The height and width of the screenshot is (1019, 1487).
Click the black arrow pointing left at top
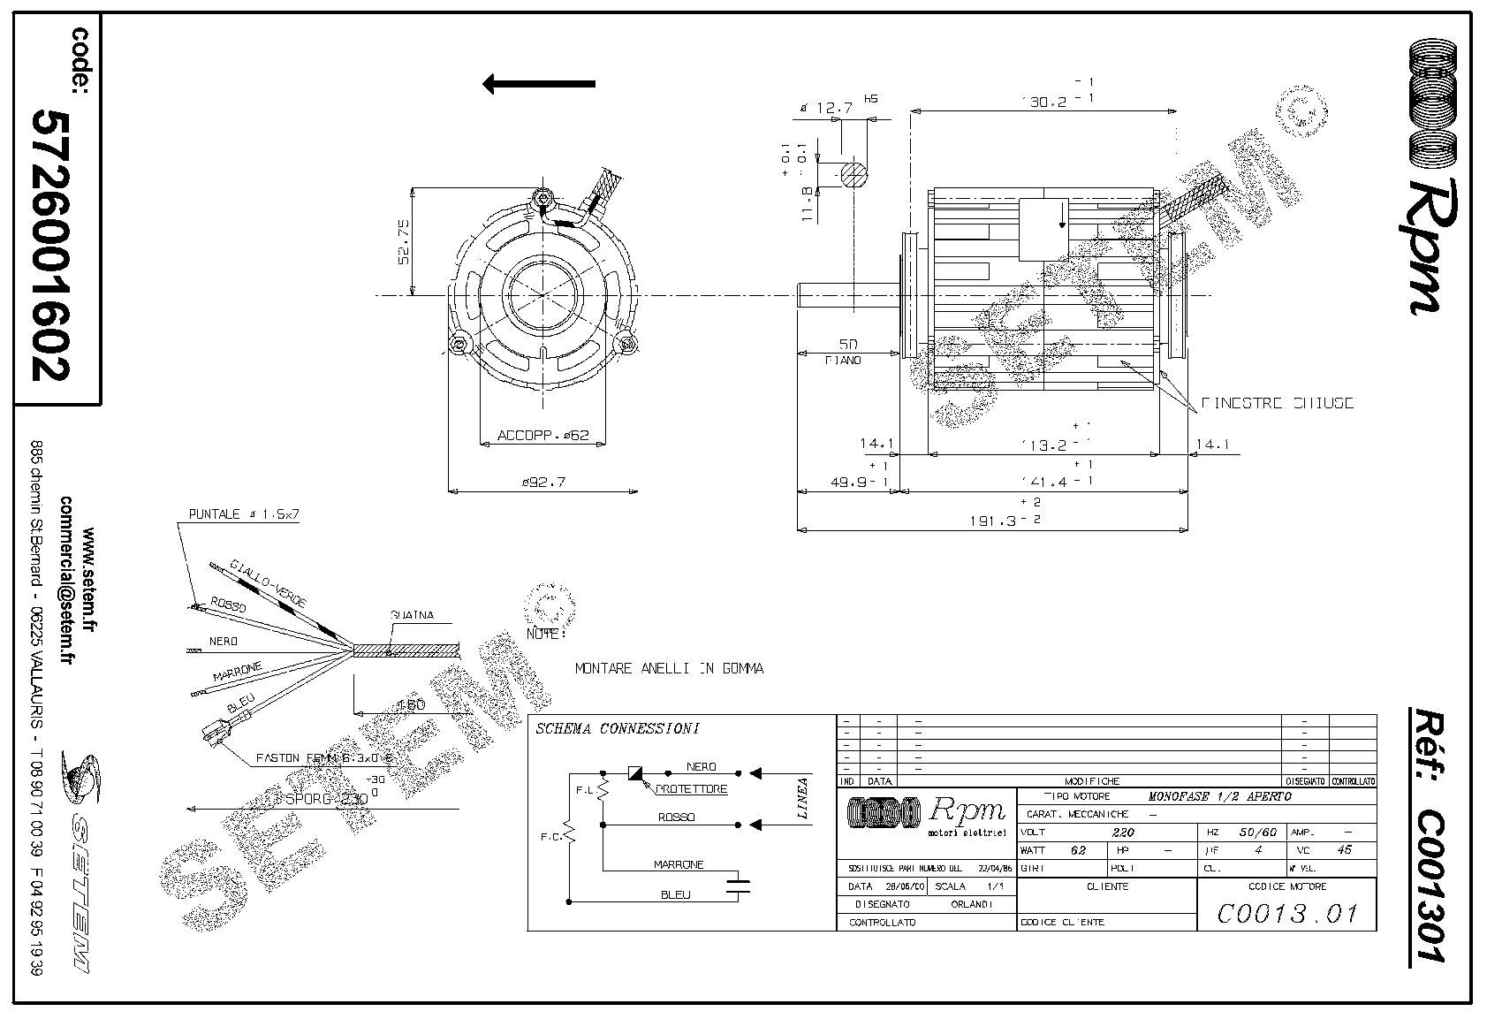pyautogui.click(x=538, y=85)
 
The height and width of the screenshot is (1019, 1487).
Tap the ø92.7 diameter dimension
pyautogui.click(x=543, y=482)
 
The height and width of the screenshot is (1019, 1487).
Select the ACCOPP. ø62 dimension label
pyautogui.click(x=542, y=436)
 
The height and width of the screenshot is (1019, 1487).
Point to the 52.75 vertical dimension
pyautogui.click(x=404, y=242)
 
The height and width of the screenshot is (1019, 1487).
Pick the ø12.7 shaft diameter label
pyautogui.click(x=825, y=108)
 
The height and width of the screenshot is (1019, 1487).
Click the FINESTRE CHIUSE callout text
pyautogui.click(x=1277, y=403)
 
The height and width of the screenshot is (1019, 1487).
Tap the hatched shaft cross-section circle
pyautogui.click(x=854, y=175)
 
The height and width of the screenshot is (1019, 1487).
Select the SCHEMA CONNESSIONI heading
pyautogui.click(x=618, y=729)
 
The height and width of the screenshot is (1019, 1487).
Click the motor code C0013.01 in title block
pyautogui.click(x=1286, y=912)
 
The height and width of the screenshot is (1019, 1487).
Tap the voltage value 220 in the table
pyautogui.click(x=1121, y=833)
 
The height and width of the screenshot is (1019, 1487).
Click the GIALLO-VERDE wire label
pyautogui.click(x=268, y=582)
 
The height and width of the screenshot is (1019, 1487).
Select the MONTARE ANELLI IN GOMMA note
pyautogui.click(x=669, y=669)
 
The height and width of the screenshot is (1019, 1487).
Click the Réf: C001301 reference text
pyautogui.click(x=1424, y=835)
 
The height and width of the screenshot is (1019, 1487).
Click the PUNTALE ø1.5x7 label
pyautogui.click(x=244, y=514)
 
